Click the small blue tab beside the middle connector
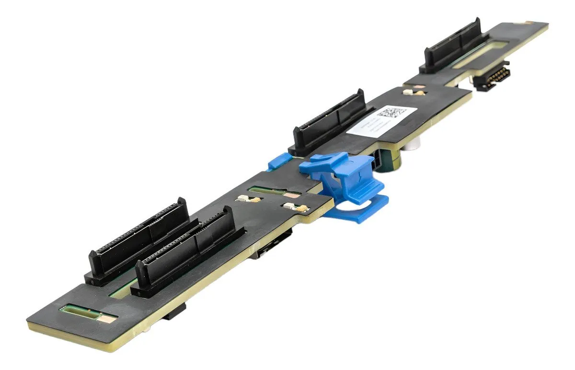(278, 162)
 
